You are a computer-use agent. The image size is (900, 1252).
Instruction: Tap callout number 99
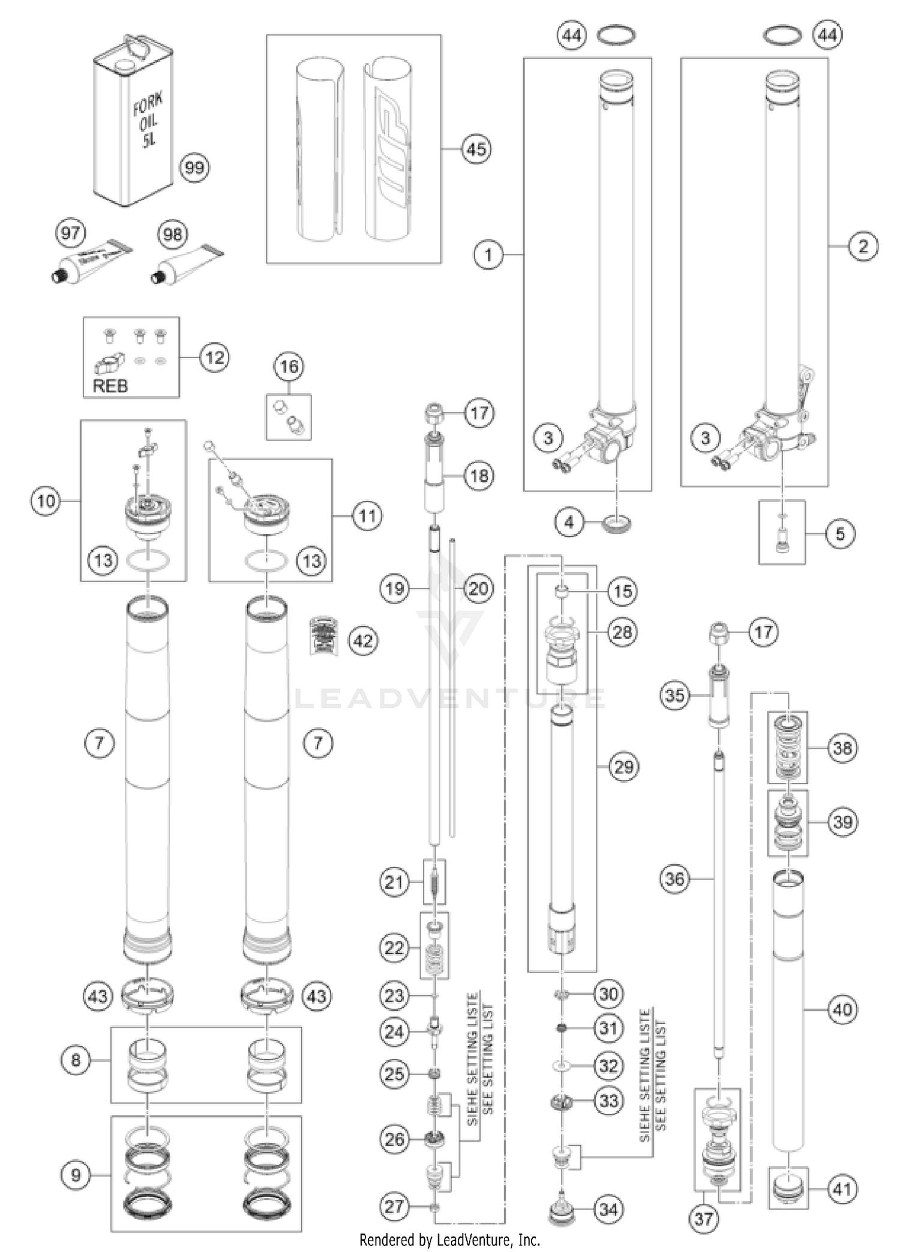pos(194,167)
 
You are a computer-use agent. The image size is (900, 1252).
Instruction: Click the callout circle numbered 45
pos(476,149)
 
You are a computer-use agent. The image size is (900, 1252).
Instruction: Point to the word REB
pos(110,385)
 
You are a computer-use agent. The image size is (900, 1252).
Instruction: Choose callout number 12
pos(214,358)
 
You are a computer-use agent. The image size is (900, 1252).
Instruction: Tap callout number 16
pos(289,366)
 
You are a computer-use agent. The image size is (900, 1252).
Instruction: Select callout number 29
pos(623,766)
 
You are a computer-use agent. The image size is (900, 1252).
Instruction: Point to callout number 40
pos(842,1009)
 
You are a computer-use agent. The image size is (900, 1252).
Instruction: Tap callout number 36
pos(674,879)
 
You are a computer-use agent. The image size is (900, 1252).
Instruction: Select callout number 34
pos(608,1209)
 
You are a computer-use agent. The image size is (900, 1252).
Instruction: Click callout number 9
pos(76,1174)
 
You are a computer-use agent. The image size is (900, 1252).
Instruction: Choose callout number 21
pos(394,882)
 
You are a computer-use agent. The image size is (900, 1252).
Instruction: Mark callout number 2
pos(863,246)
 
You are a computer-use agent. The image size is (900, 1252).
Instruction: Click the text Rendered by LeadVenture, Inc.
pos(449,1239)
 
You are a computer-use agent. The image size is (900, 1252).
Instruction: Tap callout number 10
pos(46,500)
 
